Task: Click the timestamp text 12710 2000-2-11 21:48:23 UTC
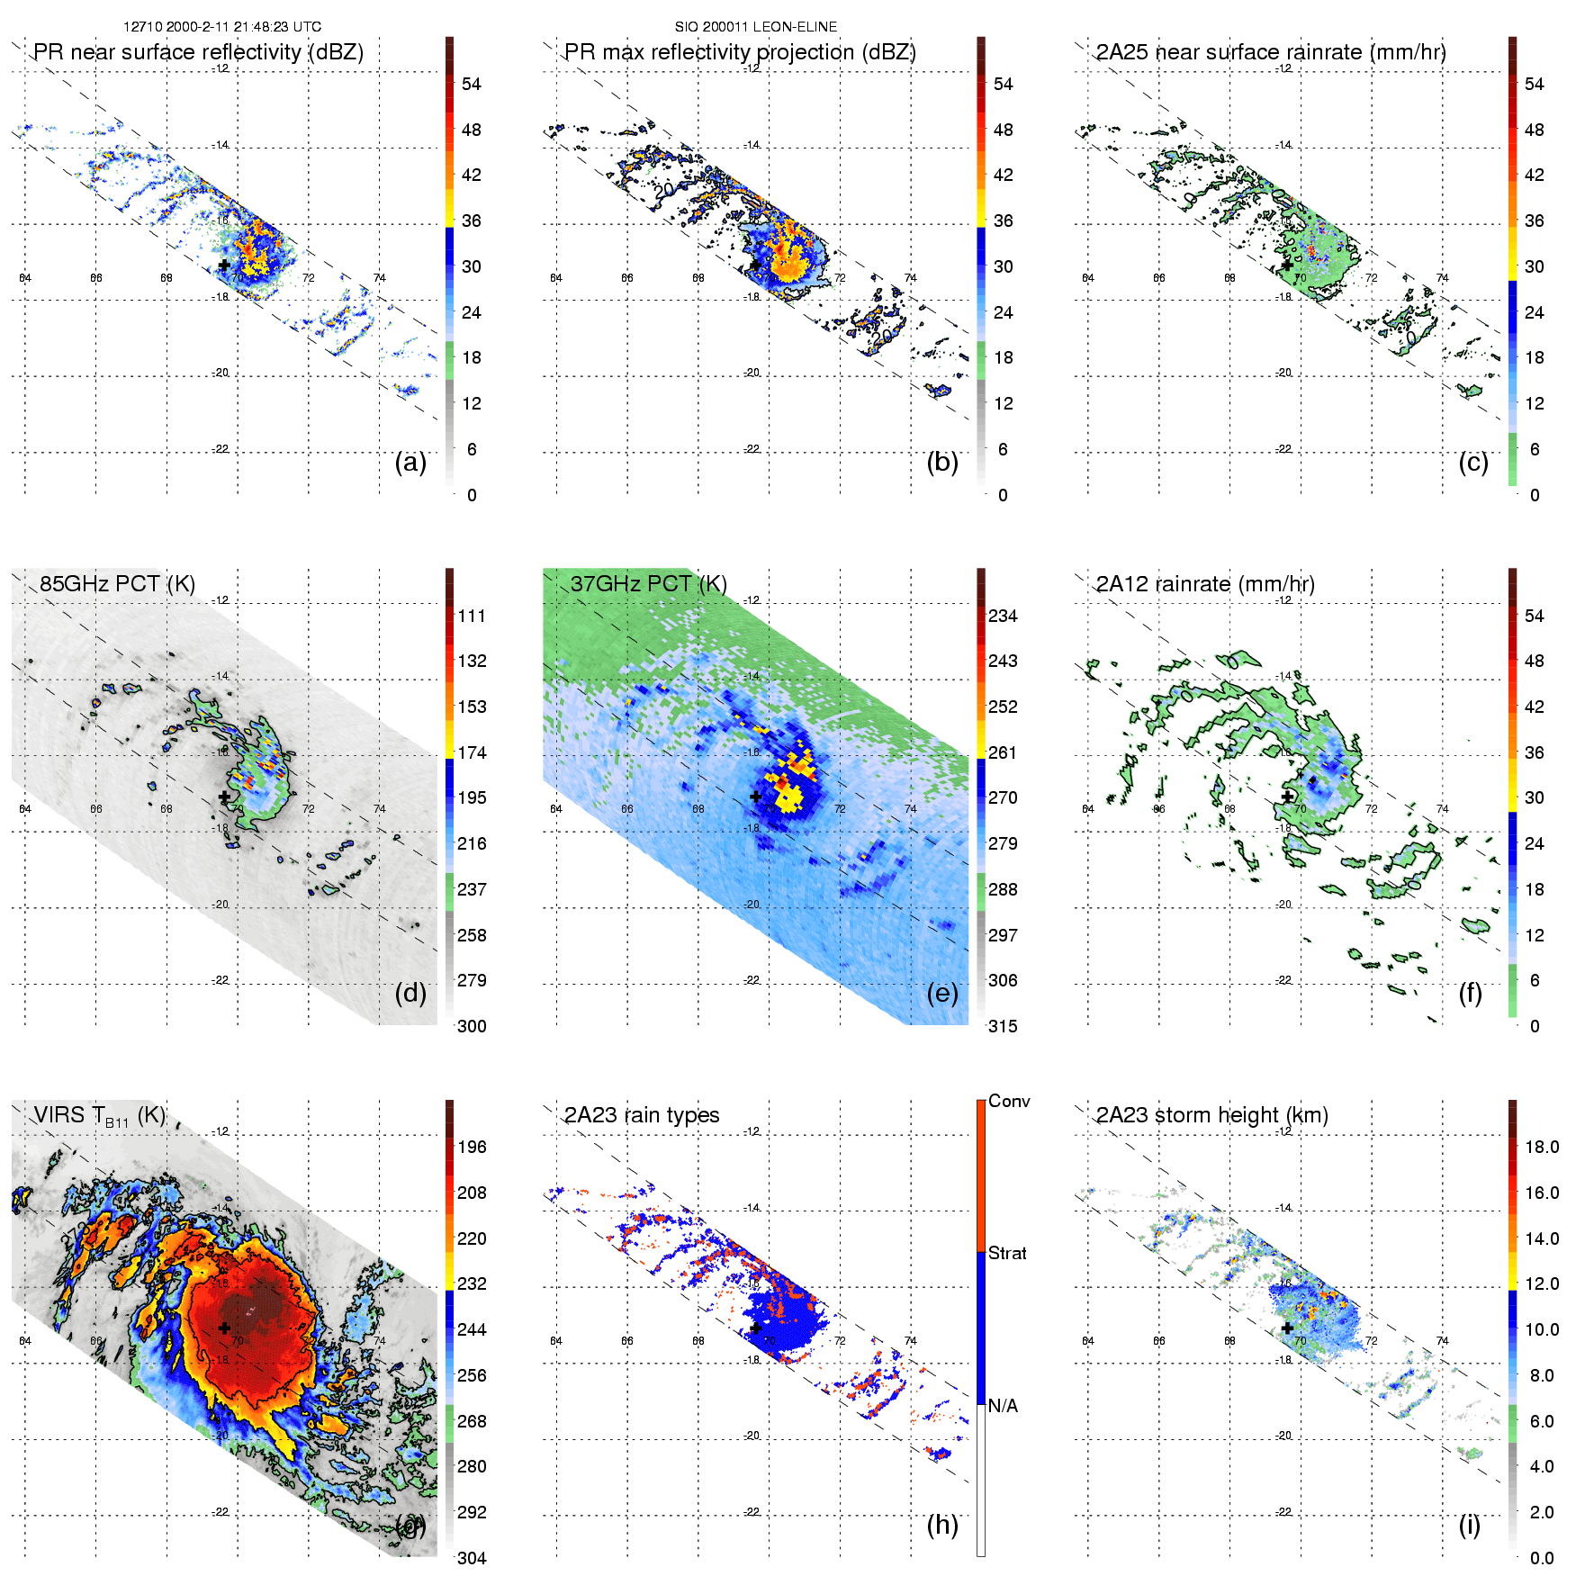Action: [221, 27]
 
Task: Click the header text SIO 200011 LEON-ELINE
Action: [755, 27]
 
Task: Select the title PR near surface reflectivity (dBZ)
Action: [198, 52]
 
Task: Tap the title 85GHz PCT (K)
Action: [117, 584]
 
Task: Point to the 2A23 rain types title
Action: [641, 1115]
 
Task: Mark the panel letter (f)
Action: [1470, 993]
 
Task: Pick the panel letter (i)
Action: [1469, 1525]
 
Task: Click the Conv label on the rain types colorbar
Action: [1009, 1101]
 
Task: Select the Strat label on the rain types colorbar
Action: [1007, 1253]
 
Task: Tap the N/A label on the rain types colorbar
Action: [1003, 1406]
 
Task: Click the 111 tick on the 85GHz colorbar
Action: [472, 616]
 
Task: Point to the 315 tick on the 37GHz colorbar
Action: [1003, 1026]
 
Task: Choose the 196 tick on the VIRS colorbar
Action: [472, 1147]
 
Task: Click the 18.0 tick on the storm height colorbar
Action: [1541, 1147]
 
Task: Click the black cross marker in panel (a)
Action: [224, 266]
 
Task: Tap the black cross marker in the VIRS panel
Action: [224, 1328]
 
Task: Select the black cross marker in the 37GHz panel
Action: [756, 797]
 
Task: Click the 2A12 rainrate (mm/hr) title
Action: [1204, 584]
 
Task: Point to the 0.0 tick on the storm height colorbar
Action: [1541, 1558]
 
